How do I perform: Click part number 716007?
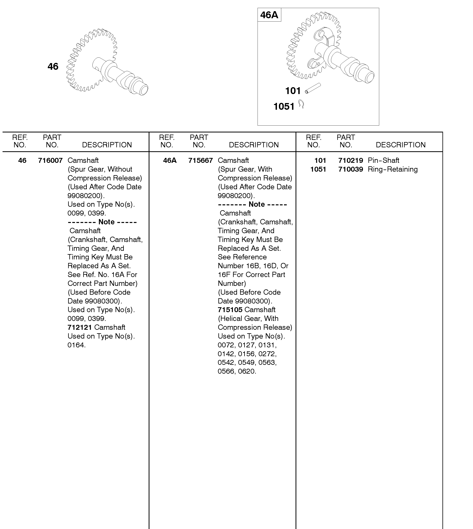[50, 160]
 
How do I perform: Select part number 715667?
[200, 160]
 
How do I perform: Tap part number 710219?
[350, 160]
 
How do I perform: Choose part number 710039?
[350, 169]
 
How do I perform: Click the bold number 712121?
[80, 327]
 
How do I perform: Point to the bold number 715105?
[230, 310]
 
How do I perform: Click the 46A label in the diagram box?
[269, 15]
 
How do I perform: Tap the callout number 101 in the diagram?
[293, 91]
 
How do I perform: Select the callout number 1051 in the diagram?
[284, 106]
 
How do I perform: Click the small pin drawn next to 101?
[313, 88]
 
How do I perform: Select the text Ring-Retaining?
[393, 169]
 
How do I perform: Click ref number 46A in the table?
[170, 160]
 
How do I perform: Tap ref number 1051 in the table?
[318, 169]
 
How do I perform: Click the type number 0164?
[76, 345]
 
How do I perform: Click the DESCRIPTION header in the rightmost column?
[401, 145]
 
